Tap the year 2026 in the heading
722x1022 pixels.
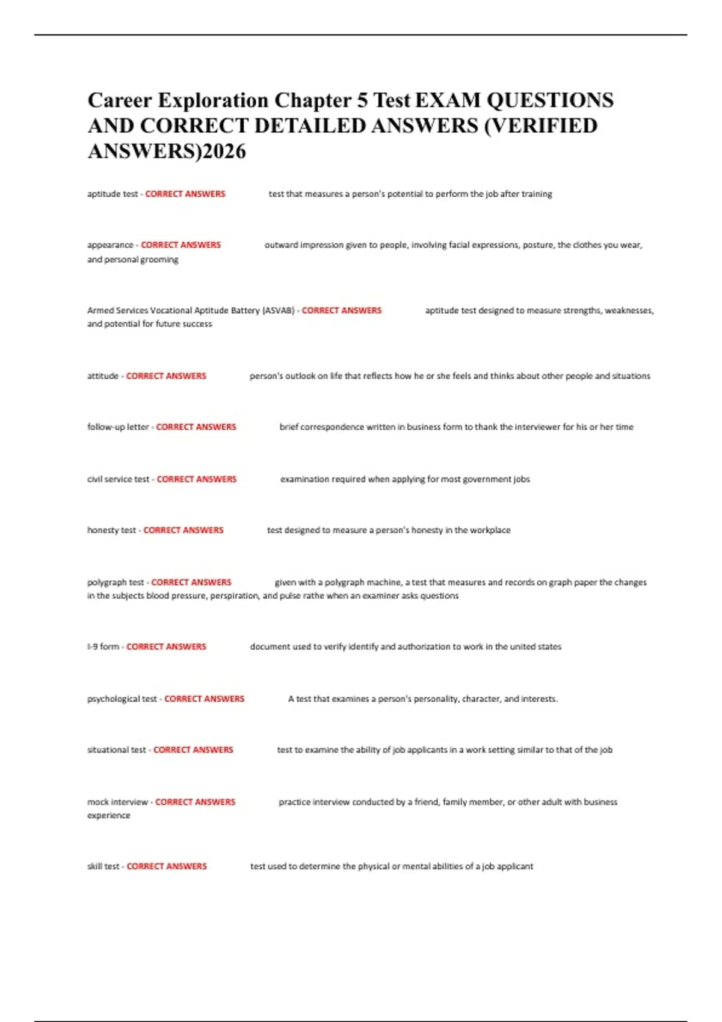click(x=224, y=151)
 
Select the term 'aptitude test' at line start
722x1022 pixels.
click(x=113, y=194)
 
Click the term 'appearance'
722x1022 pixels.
click(x=110, y=245)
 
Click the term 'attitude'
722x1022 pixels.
click(x=103, y=376)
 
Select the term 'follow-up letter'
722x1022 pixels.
click(x=118, y=427)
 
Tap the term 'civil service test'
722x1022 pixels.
click(x=118, y=480)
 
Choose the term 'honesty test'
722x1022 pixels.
click(x=111, y=530)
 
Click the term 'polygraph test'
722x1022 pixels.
click(x=116, y=583)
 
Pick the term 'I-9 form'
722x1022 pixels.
click(x=103, y=647)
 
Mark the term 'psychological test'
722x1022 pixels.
click(x=122, y=699)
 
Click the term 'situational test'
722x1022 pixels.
click(x=117, y=750)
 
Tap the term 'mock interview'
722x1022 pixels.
click(x=117, y=803)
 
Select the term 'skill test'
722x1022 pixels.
click(x=103, y=867)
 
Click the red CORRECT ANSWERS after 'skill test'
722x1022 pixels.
click(x=167, y=867)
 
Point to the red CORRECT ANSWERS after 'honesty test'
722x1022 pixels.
click(x=184, y=530)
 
